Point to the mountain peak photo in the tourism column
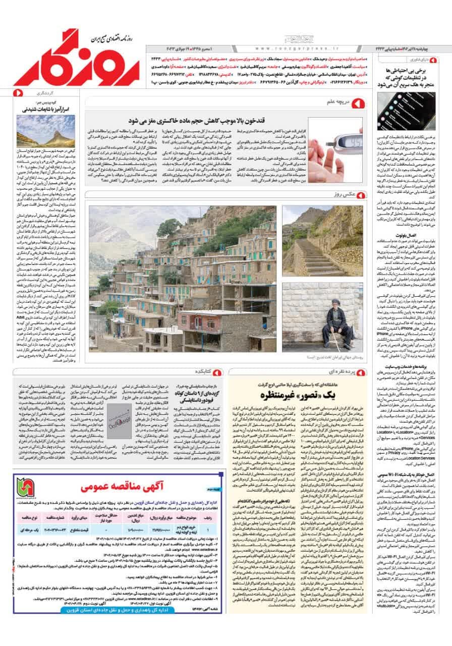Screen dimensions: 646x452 coord(38,131)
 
